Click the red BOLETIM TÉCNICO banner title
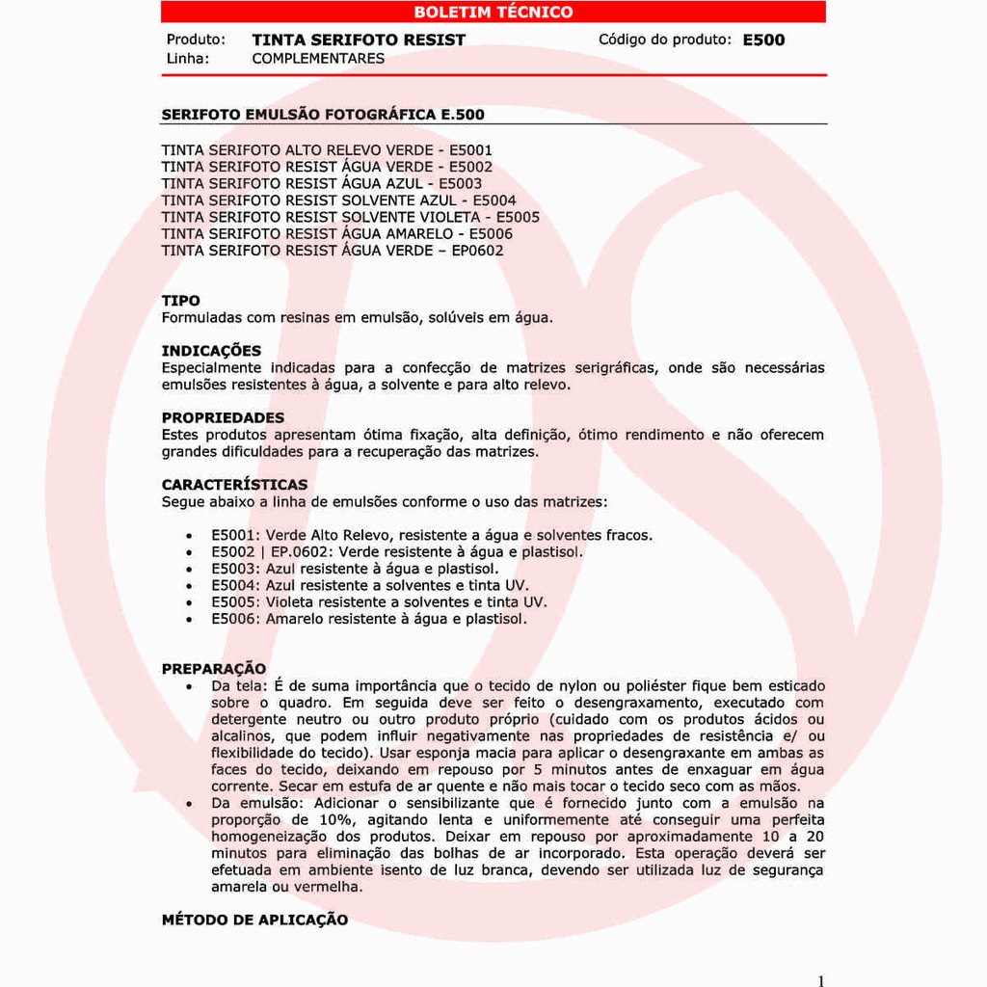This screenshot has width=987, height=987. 493,13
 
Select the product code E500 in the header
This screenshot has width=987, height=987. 763,40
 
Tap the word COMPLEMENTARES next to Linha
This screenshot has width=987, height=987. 318,58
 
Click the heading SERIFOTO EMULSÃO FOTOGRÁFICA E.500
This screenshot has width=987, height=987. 323,115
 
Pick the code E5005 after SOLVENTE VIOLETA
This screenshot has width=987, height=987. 518,217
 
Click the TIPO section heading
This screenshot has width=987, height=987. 181,301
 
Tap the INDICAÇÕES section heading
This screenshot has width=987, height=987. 211,351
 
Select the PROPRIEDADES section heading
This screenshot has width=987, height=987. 223,417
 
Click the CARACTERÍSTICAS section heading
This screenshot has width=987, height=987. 234,484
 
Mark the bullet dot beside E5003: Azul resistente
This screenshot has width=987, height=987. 190,569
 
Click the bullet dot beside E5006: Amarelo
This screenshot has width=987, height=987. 190,619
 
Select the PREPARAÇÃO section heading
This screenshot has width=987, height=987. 214,668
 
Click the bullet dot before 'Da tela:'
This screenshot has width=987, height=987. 190,686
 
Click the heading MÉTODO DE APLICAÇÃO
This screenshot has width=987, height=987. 254,920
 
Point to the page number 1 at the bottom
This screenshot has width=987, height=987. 821,981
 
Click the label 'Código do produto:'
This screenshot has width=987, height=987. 665,40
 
